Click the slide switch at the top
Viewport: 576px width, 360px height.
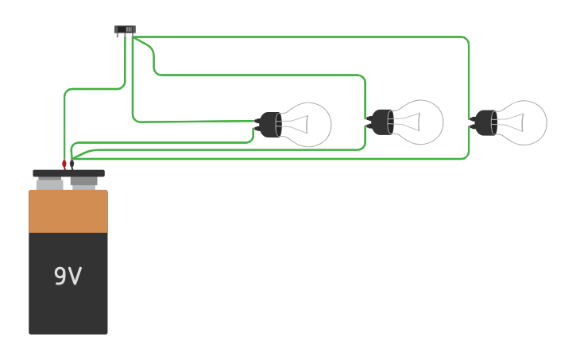point(125,29)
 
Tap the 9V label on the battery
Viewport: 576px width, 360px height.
point(68,277)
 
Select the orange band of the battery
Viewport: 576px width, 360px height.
point(68,211)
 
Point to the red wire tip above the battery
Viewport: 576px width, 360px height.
point(64,165)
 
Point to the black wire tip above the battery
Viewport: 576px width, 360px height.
point(72,165)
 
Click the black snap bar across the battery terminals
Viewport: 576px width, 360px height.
point(68,173)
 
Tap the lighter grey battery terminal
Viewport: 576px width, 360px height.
point(49,184)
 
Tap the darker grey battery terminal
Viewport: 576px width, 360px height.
point(84,183)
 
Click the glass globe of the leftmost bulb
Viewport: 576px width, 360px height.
point(311,124)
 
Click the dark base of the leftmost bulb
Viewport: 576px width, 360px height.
point(270,125)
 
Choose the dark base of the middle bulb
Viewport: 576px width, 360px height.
point(382,122)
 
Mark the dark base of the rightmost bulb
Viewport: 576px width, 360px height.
point(485,123)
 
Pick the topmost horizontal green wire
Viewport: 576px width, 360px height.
point(302,37)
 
